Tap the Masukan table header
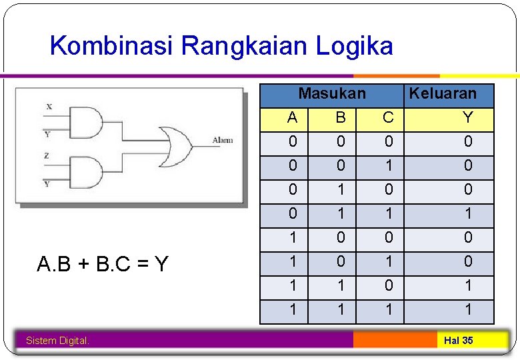pyautogui.click(x=331, y=93)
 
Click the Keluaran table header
pyautogui.click(x=443, y=93)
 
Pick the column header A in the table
pyautogui.click(x=292, y=118)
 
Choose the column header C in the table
pyautogui.click(x=388, y=118)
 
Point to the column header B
pyautogui.click(x=341, y=118)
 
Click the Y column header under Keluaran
pyautogui.click(x=468, y=118)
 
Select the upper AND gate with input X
pyautogui.click(x=89, y=123)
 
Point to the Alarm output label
pyautogui.click(x=223, y=140)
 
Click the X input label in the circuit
pyautogui.click(x=49, y=107)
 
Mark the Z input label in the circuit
pyautogui.click(x=47, y=155)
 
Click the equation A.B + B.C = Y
pyautogui.click(x=103, y=265)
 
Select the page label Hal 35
pyautogui.click(x=458, y=341)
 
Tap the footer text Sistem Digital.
pyautogui.click(x=57, y=341)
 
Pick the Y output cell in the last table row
pyautogui.click(x=468, y=309)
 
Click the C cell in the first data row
pyautogui.click(x=388, y=141)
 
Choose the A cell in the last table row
pyautogui.click(x=292, y=309)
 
